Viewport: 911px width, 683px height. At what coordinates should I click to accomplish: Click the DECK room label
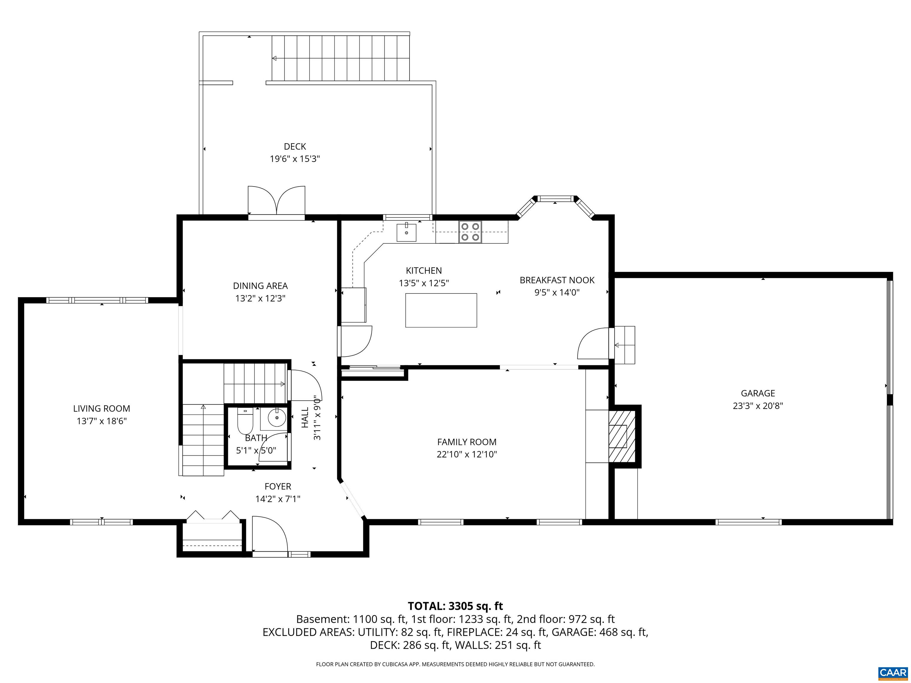[295, 146]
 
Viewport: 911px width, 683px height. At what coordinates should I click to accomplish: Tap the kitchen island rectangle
[441, 310]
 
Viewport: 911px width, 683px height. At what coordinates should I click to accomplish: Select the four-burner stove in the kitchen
[470, 232]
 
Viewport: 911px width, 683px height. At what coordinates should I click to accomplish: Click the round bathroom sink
[277, 419]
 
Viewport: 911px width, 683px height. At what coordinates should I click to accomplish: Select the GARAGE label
[758, 393]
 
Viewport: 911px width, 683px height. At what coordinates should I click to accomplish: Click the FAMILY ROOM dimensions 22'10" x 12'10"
[467, 454]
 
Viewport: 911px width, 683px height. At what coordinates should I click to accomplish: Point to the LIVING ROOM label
[102, 408]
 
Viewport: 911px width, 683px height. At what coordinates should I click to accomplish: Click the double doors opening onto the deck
[276, 201]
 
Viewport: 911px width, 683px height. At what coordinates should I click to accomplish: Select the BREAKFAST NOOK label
[557, 280]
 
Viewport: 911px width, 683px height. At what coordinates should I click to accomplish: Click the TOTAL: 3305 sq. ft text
[455, 606]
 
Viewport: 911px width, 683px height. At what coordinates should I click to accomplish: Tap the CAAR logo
[893, 673]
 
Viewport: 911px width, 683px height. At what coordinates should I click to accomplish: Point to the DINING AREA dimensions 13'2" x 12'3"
[260, 298]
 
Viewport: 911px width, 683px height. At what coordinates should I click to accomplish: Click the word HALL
[305, 418]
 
